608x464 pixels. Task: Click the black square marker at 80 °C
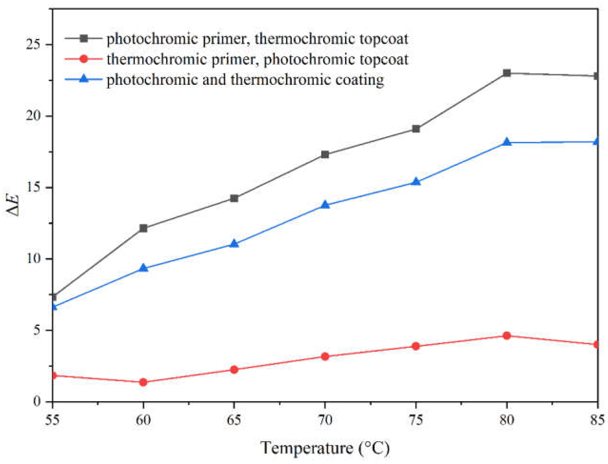tap(506, 73)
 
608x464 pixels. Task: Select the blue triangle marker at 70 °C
tap(325, 205)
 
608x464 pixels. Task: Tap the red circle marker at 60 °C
tap(143, 382)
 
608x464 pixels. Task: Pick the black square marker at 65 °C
tap(234, 198)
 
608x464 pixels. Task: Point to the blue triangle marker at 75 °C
tap(416, 182)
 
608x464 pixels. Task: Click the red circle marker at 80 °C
tap(506, 336)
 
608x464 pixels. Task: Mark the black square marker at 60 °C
tap(143, 228)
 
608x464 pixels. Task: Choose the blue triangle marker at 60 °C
tap(143, 268)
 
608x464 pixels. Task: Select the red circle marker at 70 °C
tap(325, 357)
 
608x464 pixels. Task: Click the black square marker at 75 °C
tap(416, 129)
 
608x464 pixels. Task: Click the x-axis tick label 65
tap(234, 420)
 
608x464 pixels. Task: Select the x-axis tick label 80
tap(506, 420)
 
